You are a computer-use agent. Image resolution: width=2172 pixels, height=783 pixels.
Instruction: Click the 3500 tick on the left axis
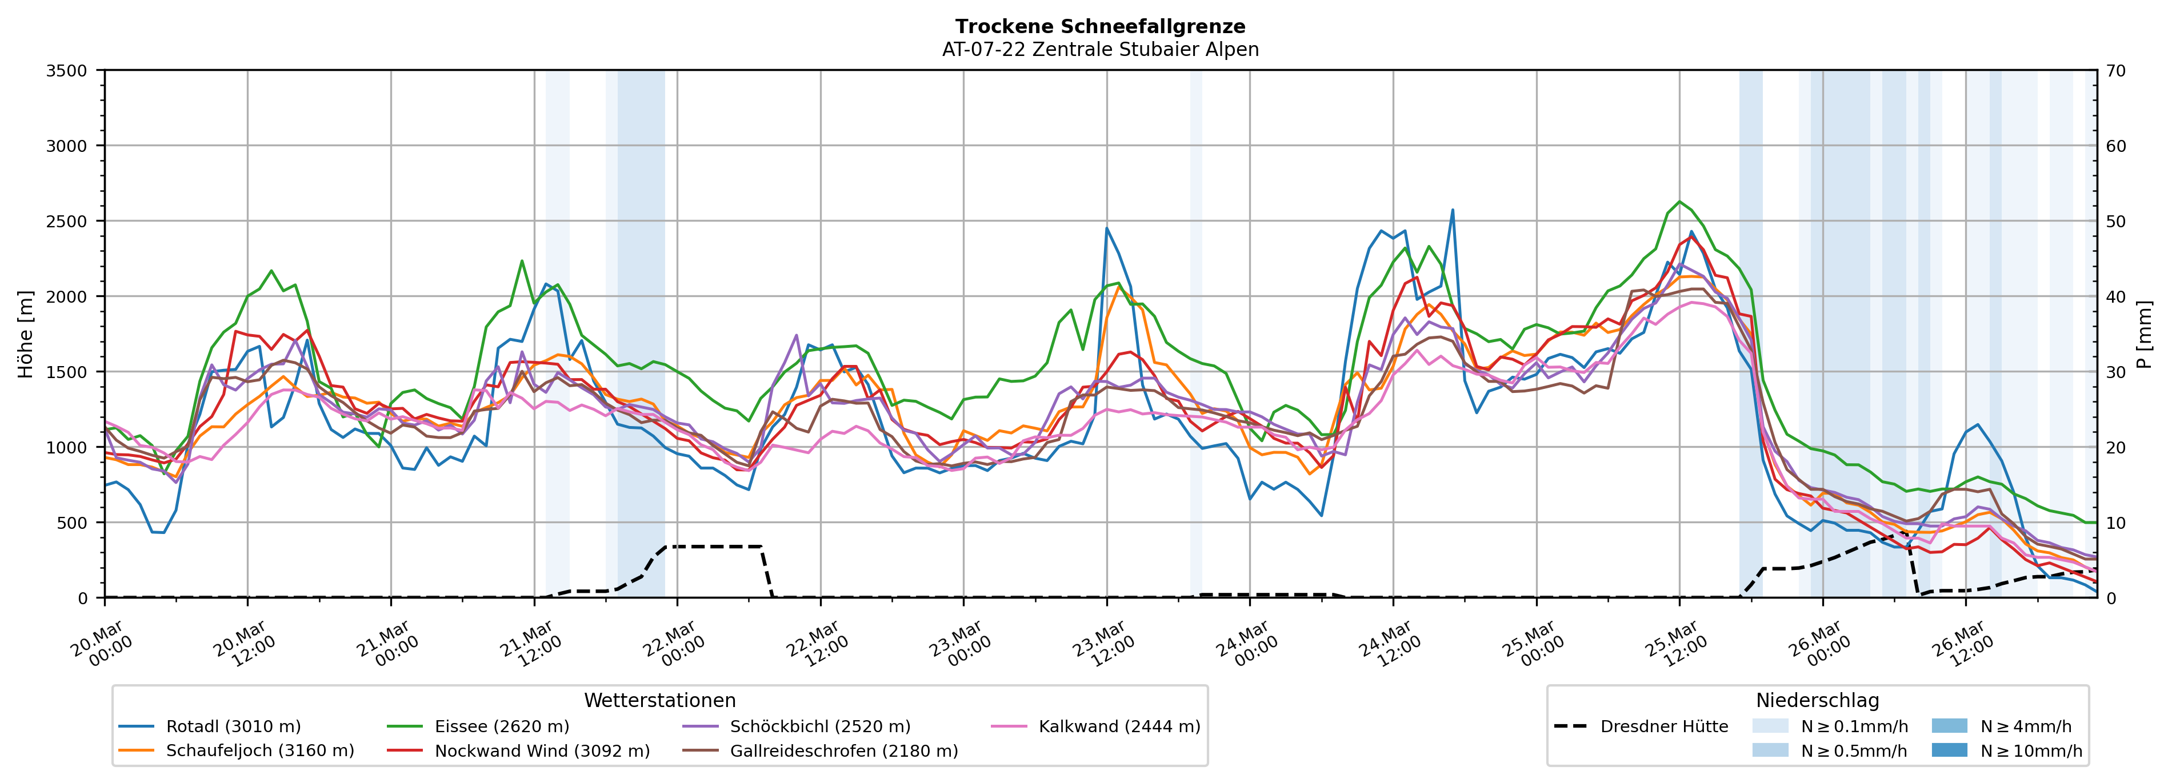point(67,71)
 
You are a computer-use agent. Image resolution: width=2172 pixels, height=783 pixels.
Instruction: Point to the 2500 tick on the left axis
point(67,222)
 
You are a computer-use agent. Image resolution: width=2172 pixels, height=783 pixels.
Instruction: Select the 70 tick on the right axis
point(2115,71)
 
